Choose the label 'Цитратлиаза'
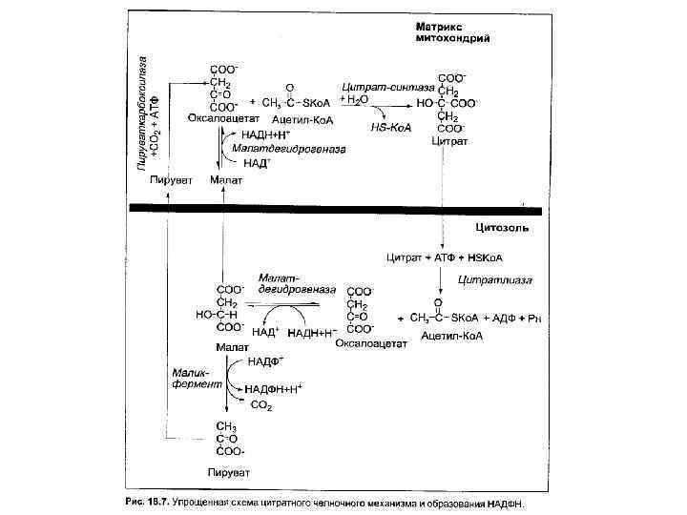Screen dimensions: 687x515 click(495, 279)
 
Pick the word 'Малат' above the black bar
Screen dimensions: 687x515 click(227, 179)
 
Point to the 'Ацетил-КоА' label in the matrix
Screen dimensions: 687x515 click(301, 122)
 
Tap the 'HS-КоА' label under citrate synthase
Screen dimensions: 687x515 click(390, 125)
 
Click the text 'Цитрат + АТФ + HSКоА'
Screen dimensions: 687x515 click(445, 257)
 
